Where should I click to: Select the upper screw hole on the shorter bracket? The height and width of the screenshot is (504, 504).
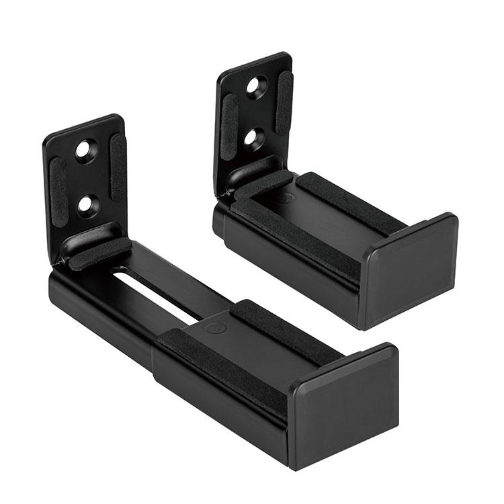click(257, 85)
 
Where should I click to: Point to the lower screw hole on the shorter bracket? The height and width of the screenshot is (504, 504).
click(253, 137)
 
